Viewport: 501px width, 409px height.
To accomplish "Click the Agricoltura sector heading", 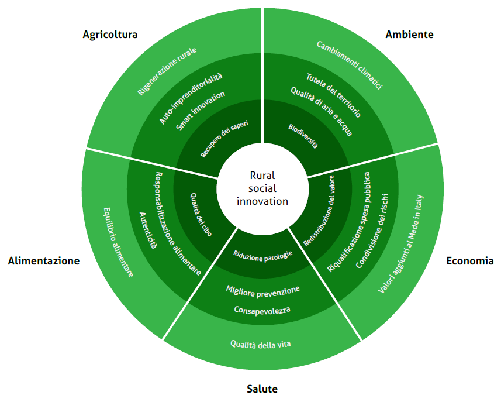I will tap(110, 35).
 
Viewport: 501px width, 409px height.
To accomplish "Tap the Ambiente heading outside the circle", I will tap(409, 35).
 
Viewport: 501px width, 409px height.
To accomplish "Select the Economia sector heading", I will tap(469, 261).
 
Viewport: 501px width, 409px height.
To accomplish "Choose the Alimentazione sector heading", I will tap(44, 261).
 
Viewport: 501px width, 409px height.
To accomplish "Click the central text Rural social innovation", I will tap(262, 188).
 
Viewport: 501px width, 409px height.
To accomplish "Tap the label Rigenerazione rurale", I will tap(167, 71).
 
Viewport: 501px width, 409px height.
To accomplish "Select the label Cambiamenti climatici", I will tap(350, 65).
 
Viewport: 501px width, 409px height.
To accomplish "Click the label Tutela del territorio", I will tap(333, 95).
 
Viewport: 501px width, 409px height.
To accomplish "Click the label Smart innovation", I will tap(201, 111).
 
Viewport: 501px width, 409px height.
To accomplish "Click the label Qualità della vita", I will tap(260, 344).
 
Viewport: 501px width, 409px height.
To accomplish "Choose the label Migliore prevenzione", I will tap(262, 290).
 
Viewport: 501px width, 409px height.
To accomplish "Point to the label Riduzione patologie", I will tap(262, 255).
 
